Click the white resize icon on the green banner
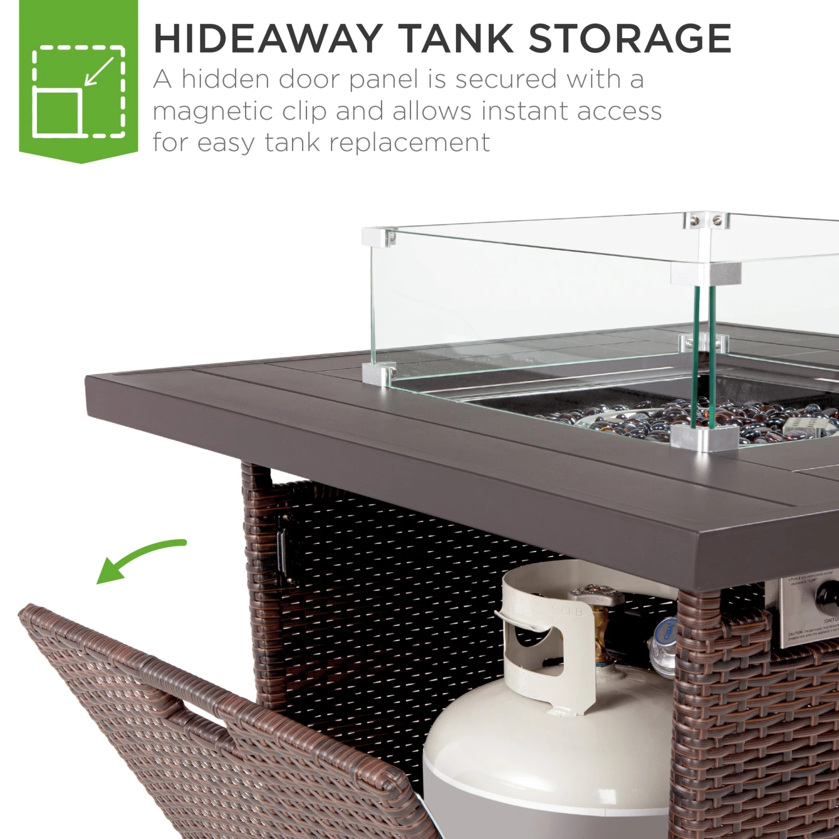tap(78, 91)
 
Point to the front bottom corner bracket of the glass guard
tap(704, 437)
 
